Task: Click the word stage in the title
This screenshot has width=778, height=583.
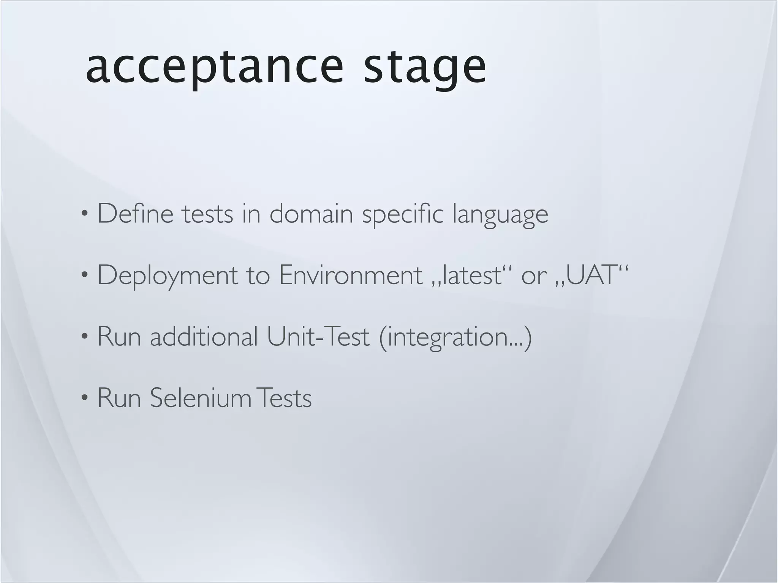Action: pyautogui.click(x=424, y=68)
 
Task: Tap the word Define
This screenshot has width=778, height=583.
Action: pyautogui.click(x=135, y=214)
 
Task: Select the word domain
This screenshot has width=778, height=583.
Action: pyautogui.click(x=311, y=214)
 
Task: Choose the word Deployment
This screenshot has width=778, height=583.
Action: pyautogui.click(x=168, y=276)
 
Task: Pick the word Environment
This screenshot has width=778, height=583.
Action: pyautogui.click(x=351, y=275)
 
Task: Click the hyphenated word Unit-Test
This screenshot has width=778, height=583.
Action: pyautogui.click(x=318, y=336)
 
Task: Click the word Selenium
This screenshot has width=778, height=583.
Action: pyautogui.click(x=201, y=398)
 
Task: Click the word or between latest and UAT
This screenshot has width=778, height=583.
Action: pyautogui.click(x=534, y=276)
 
